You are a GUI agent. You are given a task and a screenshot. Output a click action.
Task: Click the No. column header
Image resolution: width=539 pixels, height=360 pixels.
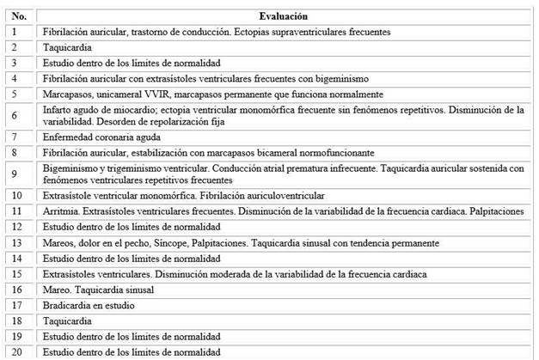point(21,16)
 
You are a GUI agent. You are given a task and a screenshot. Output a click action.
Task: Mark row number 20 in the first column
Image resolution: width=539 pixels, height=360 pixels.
point(19,352)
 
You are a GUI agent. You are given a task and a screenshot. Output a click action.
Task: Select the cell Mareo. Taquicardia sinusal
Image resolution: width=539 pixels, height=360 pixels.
point(96,290)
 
